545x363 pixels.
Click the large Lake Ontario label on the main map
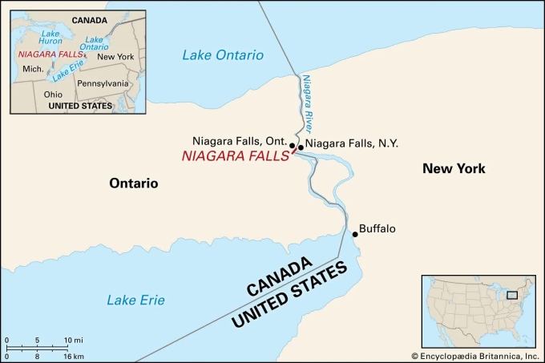click(222, 55)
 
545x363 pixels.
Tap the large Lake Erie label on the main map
click(136, 300)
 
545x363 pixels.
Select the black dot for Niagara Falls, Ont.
click(293, 146)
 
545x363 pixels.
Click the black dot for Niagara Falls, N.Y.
click(301, 147)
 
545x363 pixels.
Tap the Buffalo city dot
click(355, 234)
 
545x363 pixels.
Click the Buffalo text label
click(377, 229)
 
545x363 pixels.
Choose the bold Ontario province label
click(134, 184)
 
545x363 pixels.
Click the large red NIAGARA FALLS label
click(234, 158)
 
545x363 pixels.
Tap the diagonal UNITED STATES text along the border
click(290, 296)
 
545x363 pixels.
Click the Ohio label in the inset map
click(54, 94)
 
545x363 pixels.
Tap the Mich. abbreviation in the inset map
click(33, 69)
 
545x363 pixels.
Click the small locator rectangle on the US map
click(513, 296)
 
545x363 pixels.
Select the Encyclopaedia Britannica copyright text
click(475, 356)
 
